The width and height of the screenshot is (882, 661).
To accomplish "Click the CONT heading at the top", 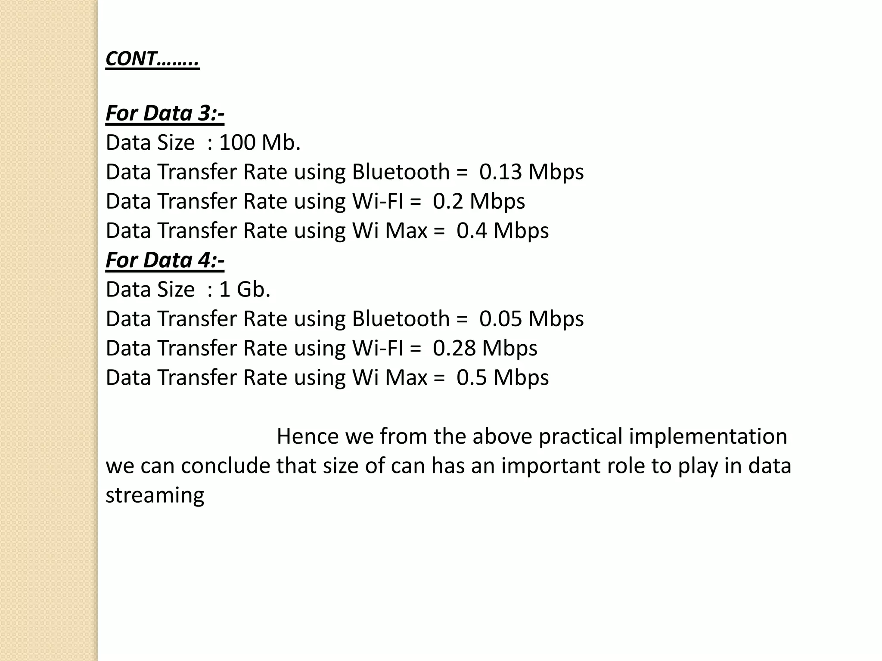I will click(x=152, y=59).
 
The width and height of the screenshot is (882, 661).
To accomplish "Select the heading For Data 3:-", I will click(x=165, y=113).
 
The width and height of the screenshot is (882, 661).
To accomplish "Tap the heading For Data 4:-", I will click(x=165, y=260).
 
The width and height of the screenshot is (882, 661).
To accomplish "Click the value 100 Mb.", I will click(x=260, y=143).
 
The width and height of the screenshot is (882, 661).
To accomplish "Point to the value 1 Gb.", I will click(x=245, y=290).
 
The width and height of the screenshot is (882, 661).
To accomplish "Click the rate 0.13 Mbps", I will click(x=531, y=172).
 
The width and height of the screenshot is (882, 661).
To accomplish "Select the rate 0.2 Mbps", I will click(x=478, y=201).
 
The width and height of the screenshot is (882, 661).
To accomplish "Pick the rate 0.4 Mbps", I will click(x=503, y=231).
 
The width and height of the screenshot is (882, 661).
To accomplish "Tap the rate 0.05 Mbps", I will click(x=531, y=319).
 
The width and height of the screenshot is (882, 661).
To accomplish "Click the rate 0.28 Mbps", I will click(x=485, y=348).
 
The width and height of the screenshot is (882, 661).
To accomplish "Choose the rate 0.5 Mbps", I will click(x=503, y=377).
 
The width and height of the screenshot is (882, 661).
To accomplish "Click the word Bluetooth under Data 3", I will click(x=401, y=172).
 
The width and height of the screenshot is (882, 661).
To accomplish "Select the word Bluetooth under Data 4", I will click(x=401, y=319).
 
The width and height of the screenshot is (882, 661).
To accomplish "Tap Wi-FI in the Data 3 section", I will click(x=378, y=201).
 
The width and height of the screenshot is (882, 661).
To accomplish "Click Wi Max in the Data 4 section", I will click(x=390, y=377).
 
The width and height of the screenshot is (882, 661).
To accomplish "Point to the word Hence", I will click(x=307, y=436).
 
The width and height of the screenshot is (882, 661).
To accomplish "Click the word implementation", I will click(x=708, y=436).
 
